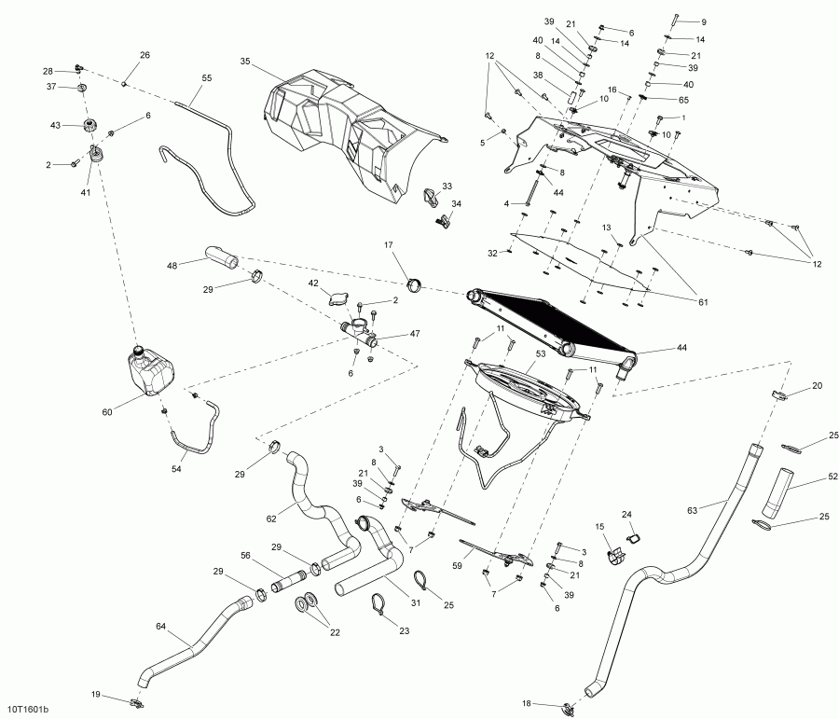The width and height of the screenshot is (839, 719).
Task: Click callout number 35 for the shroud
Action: click(x=245, y=62)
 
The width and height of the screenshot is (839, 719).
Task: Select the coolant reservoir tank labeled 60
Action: click(x=150, y=372)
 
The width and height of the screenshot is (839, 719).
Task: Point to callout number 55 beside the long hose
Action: click(x=206, y=77)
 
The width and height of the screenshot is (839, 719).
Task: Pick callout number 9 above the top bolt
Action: click(x=704, y=21)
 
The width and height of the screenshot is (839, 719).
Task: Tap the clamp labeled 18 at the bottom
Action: click(x=569, y=706)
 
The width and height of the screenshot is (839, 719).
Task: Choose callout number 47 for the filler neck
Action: click(x=414, y=334)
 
